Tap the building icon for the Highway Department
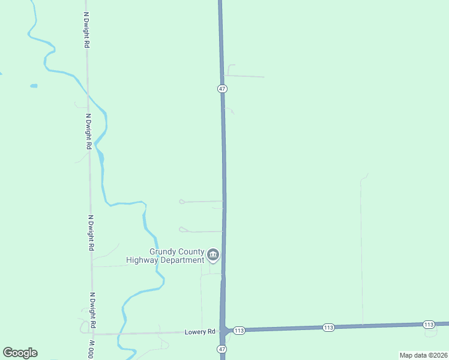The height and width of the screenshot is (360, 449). (x=213, y=256)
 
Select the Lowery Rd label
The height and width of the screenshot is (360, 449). (x=200, y=332)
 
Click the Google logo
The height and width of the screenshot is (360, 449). (x=20, y=353)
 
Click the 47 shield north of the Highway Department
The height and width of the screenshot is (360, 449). (x=222, y=89)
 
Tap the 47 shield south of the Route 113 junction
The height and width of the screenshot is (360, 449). (x=222, y=349)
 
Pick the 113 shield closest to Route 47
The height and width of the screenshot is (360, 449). (x=239, y=331)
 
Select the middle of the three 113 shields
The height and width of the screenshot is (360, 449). (x=328, y=327)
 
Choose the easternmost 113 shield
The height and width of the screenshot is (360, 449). (x=428, y=325)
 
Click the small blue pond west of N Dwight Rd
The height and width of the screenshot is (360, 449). (x=34, y=86)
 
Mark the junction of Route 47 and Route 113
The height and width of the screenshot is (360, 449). (x=223, y=330)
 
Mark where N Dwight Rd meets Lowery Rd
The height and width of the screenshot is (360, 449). (x=94, y=334)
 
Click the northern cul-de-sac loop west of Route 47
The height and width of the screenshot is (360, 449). (x=182, y=202)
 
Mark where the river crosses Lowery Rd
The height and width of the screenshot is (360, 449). (x=122, y=333)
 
